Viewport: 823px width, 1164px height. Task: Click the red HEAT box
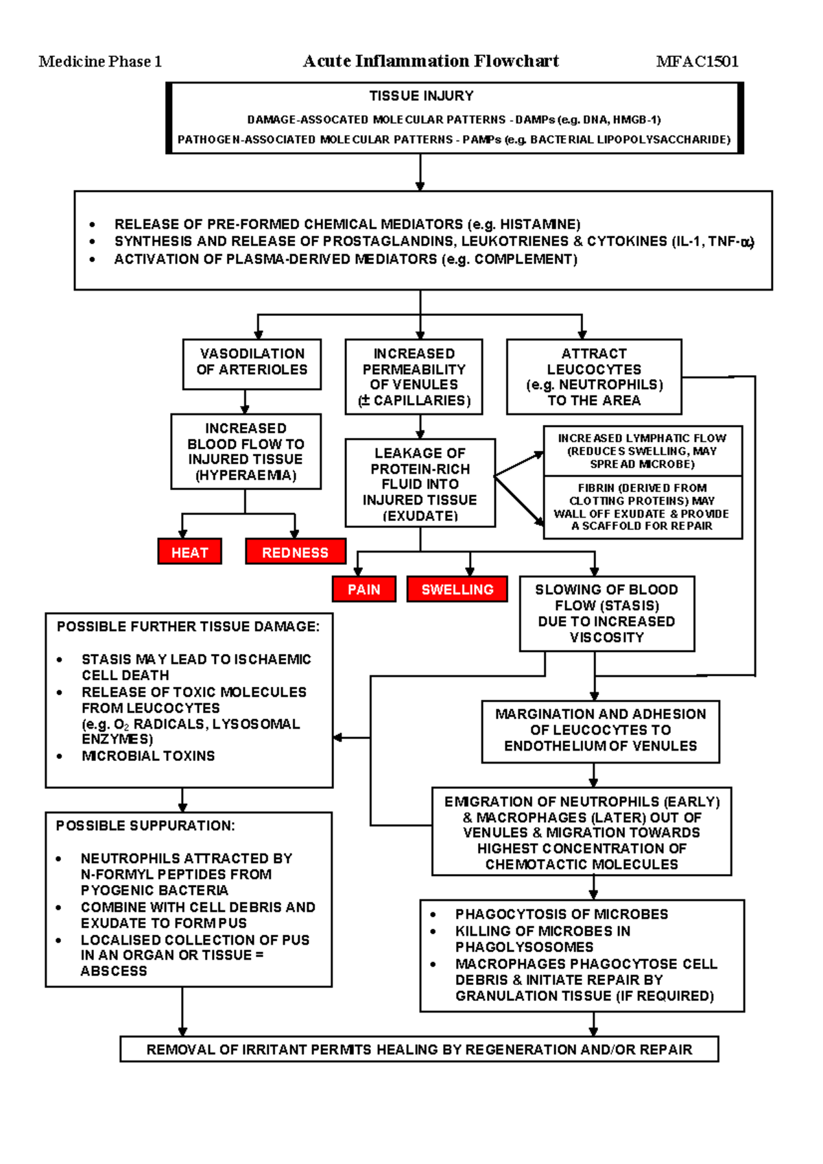[189, 552]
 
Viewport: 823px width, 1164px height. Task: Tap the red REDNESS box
[295, 552]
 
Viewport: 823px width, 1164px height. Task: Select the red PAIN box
[363, 589]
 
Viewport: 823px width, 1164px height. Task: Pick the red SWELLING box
[457, 589]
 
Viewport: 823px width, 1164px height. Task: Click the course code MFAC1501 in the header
[697, 62]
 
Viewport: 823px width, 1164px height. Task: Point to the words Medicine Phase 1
[100, 62]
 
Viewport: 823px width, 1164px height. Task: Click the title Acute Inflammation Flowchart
[431, 61]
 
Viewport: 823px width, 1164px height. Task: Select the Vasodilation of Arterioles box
[252, 363]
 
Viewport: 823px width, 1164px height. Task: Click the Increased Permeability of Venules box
[414, 377]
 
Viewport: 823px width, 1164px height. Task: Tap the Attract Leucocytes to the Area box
[594, 377]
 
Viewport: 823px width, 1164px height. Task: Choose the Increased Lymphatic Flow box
[642, 450]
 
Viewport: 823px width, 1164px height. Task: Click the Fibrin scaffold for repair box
[642, 507]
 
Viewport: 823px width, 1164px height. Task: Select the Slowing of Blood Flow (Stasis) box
[606, 614]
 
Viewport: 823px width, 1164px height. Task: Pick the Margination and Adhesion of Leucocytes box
[600, 731]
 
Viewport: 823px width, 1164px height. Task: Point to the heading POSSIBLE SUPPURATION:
[145, 826]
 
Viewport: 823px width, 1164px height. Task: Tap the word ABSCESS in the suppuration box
[114, 971]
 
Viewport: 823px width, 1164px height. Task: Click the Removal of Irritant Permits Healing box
[419, 1050]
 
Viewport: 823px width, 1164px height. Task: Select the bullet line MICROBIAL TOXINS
[148, 756]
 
